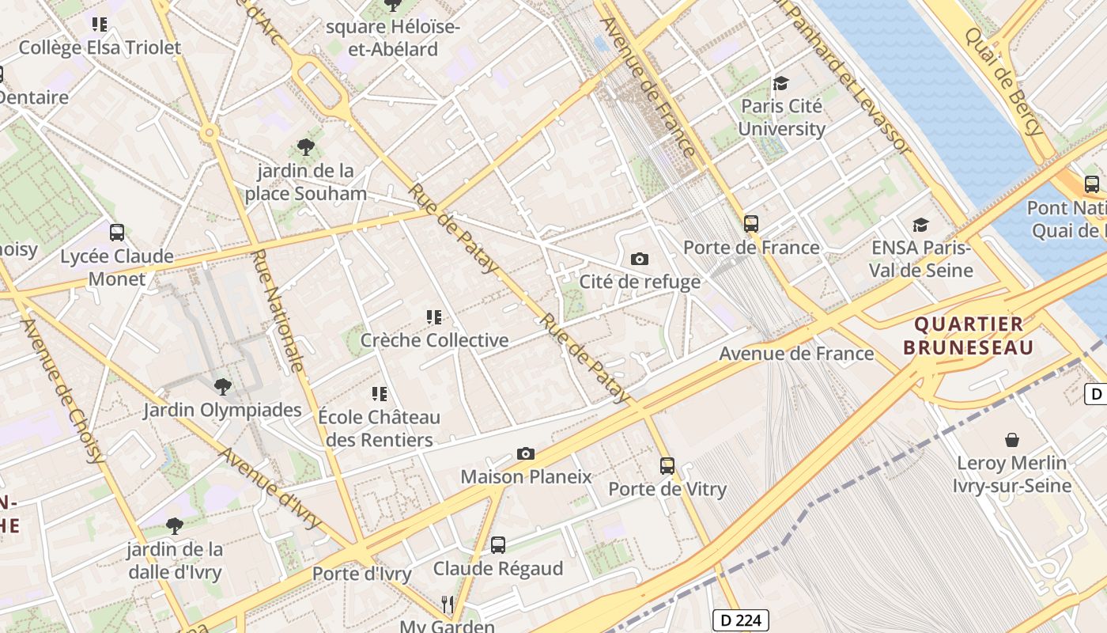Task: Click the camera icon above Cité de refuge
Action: click(640, 259)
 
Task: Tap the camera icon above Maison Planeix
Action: click(525, 453)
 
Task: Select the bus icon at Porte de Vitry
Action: click(667, 466)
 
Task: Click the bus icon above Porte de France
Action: click(751, 224)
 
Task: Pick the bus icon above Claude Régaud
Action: click(497, 545)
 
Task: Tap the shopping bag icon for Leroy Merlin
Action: click(1011, 440)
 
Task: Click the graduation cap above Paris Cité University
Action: click(781, 83)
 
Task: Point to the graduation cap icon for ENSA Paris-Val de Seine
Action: click(920, 226)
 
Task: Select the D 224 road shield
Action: click(741, 620)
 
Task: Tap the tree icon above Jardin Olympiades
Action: click(222, 387)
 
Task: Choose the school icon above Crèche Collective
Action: click(433, 317)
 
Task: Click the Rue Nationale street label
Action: click(278, 310)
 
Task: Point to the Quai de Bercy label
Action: click(1002, 81)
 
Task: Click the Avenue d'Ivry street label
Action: click(270, 487)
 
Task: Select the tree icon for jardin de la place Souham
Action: click(305, 147)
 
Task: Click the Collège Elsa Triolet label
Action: click(100, 47)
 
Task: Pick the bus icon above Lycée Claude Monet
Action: click(117, 233)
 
